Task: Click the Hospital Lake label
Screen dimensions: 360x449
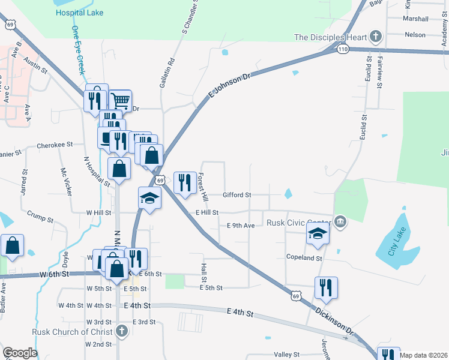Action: [x=79, y=13]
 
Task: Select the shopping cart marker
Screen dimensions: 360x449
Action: [x=121, y=100]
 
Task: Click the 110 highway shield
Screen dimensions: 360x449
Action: [x=343, y=49]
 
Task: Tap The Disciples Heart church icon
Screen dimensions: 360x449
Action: [x=376, y=37]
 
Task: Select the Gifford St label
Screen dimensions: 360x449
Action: [x=237, y=195]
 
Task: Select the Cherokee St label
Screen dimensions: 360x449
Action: [x=55, y=145]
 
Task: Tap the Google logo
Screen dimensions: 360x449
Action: [x=20, y=353]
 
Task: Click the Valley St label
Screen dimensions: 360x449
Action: [x=286, y=355]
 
